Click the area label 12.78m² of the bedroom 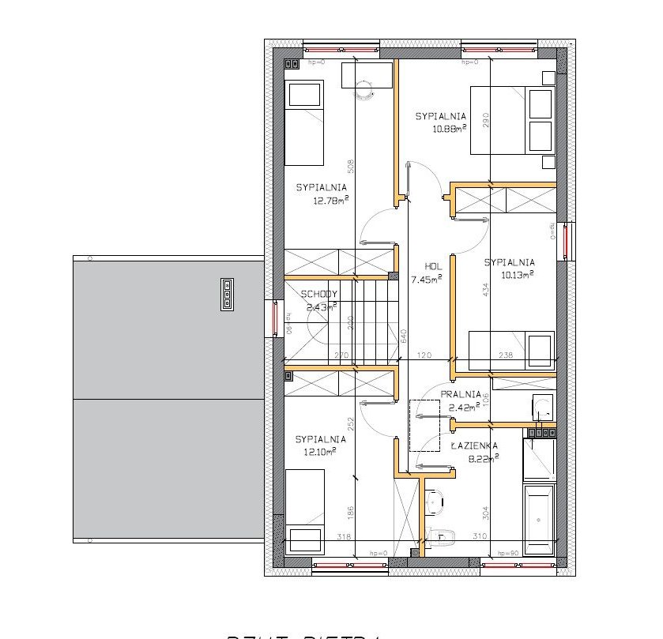tap(332, 201)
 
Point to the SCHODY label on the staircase tap(319, 295)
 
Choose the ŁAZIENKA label tap(474, 445)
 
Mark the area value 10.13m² tap(518, 274)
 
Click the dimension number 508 tap(351, 167)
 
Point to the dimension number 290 tap(487, 120)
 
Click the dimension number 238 tap(505, 356)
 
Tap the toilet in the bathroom tap(443, 538)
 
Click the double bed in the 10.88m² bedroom tap(512, 119)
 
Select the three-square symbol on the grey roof tap(227, 294)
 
